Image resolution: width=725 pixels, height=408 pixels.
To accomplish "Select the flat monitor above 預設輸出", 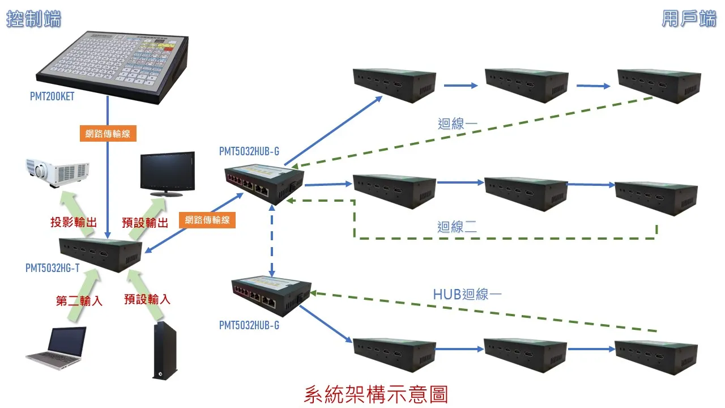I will point(167,173).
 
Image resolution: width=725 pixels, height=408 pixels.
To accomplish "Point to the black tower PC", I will point(164,350).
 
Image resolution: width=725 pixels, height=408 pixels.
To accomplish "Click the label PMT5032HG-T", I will point(52,268).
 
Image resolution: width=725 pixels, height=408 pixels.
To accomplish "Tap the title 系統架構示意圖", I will point(376,394).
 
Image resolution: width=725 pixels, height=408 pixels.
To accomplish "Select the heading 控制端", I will point(33,19).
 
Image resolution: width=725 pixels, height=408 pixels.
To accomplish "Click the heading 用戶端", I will point(689,19).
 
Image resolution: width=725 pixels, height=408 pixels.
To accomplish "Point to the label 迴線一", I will point(458,124).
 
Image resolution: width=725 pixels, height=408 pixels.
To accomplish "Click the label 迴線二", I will point(457,227).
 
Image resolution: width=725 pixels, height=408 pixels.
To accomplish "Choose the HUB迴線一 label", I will point(467,294).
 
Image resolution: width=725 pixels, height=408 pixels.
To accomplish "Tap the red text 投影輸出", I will point(74,222).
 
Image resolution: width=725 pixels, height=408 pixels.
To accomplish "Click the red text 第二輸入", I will point(79,300).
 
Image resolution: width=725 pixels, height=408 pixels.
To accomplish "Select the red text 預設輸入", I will point(147,299).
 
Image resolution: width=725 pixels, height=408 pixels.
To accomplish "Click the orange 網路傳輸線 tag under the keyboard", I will point(108,134).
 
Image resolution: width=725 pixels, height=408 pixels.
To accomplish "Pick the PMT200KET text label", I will point(52,97).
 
